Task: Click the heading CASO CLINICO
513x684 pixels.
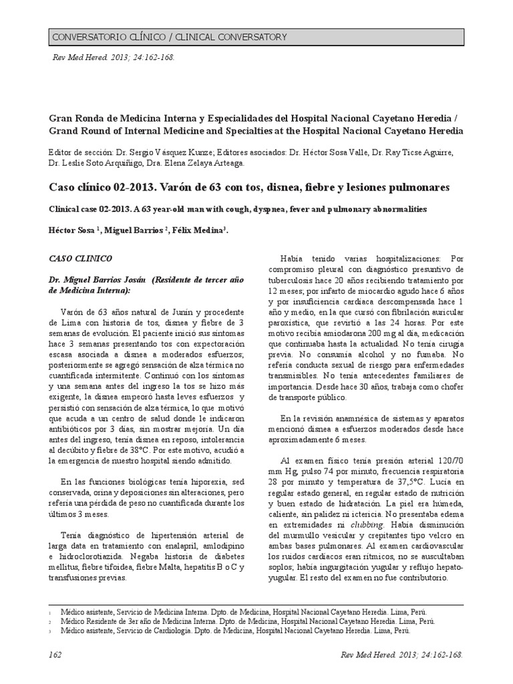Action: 81,257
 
